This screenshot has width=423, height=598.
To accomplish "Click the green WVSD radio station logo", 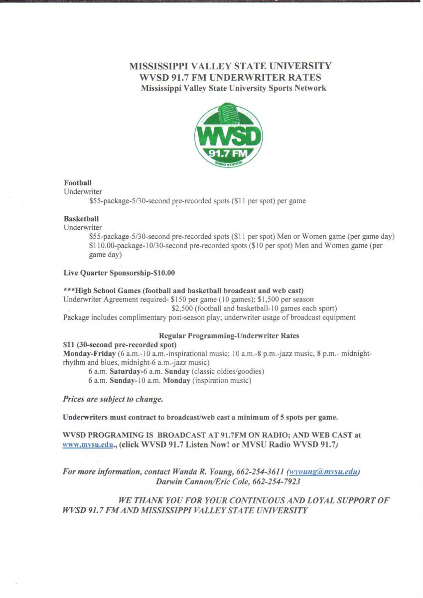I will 228,135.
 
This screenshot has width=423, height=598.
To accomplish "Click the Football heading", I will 74,183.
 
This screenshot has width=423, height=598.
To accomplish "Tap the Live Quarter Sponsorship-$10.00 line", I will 119,273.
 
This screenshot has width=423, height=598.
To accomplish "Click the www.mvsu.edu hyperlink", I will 81,444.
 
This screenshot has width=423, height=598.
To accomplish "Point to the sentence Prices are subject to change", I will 113,399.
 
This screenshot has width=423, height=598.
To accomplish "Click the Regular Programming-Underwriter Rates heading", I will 229,336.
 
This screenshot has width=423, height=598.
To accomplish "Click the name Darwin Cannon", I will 183,481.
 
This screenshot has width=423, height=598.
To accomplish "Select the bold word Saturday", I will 125,371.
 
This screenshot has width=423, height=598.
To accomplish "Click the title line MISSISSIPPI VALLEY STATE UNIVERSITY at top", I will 230,66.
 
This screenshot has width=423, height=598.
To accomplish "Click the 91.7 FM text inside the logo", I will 230,153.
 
